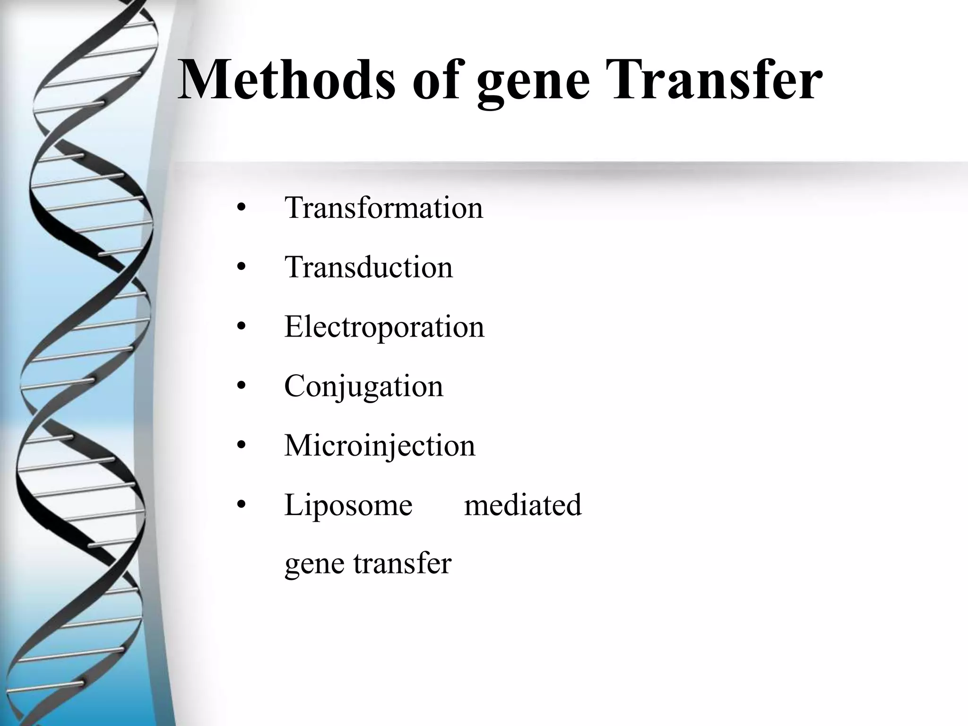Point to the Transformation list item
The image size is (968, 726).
384,207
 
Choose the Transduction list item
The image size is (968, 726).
369,267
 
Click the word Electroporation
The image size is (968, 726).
384,327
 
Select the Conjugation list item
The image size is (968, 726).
364,387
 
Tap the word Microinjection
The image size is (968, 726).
380,446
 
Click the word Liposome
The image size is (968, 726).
348,505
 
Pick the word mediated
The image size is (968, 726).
523,505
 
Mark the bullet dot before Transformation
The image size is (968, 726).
242,208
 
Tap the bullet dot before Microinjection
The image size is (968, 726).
242,446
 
